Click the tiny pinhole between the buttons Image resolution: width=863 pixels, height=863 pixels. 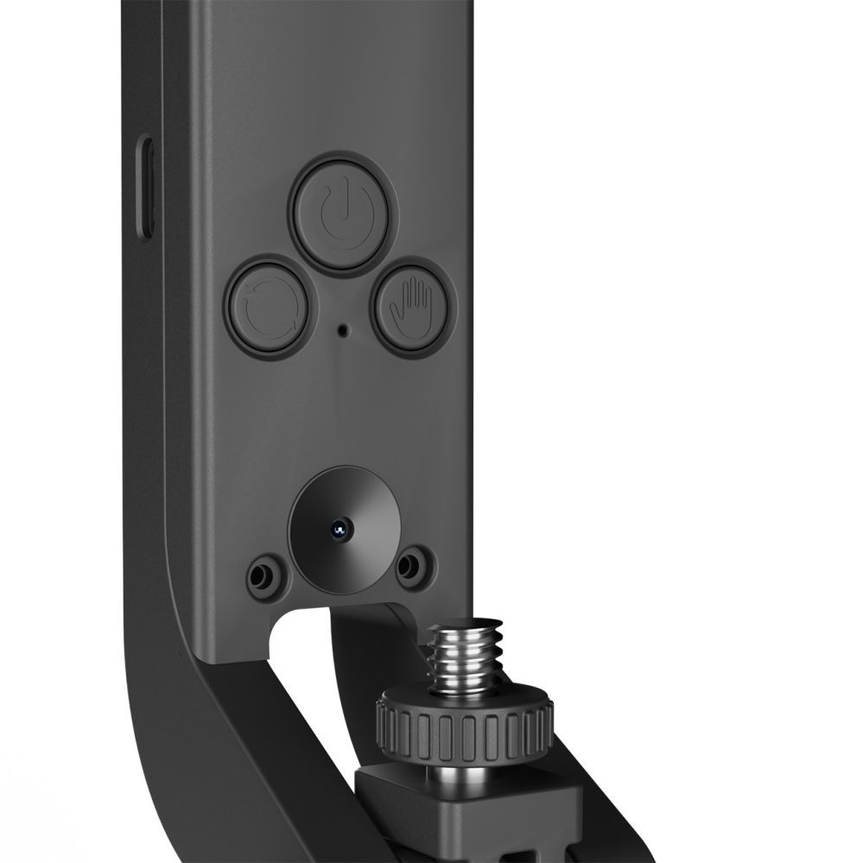(x=343, y=329)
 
